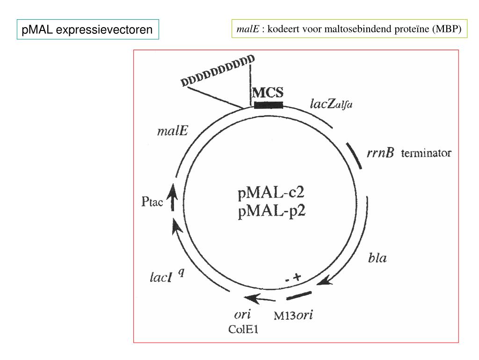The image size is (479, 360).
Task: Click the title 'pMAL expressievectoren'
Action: (x=87, y=30)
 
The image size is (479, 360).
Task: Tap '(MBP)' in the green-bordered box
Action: (x=446, y=29)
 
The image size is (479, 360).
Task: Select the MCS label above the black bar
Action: (x=268, y=92)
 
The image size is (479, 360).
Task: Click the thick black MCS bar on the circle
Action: (x=268, y=105)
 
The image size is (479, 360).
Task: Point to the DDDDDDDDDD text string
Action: (x=218, y=71)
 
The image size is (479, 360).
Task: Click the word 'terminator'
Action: (x=426, y=153)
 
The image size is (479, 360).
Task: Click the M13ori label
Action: (x=293, y=315)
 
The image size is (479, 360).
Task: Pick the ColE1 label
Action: (x=243, y=329)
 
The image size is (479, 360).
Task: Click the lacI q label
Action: (x=166, y=277)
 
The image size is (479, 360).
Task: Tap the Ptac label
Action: (x=152, y=203)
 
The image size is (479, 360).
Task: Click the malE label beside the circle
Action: (x=172, y=131)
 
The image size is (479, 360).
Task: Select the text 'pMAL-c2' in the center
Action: (x=268, y=193)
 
